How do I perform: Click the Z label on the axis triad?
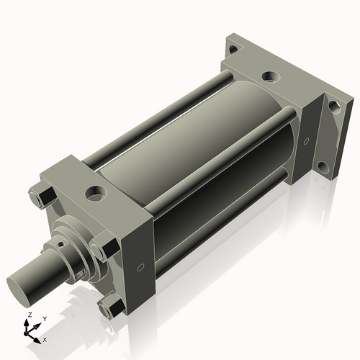click(28, 315)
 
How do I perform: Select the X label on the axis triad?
click(45, 338)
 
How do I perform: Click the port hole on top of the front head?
click(94, 192)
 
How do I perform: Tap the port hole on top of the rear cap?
click(269, 75)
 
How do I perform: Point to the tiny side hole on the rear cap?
click(306, 140)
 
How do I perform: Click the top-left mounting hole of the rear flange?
click(232, 50)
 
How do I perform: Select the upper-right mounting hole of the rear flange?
click(333, 106)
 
